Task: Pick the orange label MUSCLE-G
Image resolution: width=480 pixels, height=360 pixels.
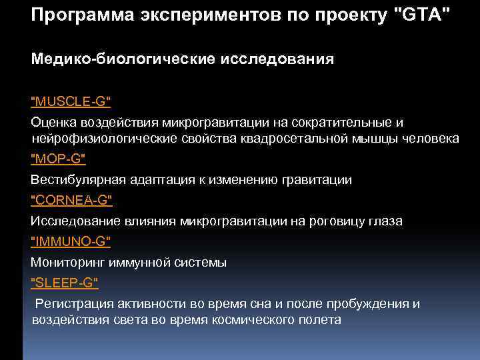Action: click(x=71, y=101)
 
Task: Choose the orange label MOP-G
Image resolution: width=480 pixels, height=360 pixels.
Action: click(x=59, y=159)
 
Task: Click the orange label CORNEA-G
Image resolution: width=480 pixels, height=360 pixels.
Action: click(x=71, y=199)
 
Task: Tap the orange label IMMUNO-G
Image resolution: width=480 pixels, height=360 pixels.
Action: click(x=71, y=241)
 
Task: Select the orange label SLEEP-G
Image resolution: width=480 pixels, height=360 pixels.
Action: click(x=65, y=283)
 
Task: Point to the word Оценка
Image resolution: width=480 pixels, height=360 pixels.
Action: click(x=53, y=123)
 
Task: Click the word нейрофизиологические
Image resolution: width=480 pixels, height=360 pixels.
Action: click(x=103, y=138)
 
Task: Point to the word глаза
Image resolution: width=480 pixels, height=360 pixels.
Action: click(x=384, y=221)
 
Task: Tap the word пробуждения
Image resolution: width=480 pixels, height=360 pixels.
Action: click(x=369, y=304)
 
